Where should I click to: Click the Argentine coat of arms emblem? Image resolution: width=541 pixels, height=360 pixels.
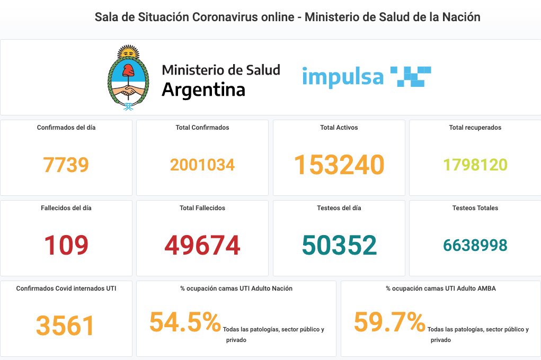pyautogui.click(x=128, y=78)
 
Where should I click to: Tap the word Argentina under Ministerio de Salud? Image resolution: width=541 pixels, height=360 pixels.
pyautogui.click(x=203, y=89)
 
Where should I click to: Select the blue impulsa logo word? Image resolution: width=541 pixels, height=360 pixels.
pyautogui.click(x=342, y=77)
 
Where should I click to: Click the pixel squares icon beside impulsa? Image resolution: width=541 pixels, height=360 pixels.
pyautogui.click(x=410, y=76)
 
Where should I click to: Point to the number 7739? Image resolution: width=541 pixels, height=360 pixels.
pyautogui.click(x=66, y=165)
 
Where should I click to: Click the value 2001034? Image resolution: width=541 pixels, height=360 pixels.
pyautogui.click(x=202, y=165)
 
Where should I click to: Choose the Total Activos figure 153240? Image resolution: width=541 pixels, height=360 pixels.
pyautogui.click(x=339, y=165)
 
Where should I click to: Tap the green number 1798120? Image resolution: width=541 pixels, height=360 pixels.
pyautogui.click(x=475, y=165)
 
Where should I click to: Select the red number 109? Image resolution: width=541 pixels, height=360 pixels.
pyautogui.click(x=66, y=246)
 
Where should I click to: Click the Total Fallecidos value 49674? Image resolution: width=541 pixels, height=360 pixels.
pyautogui.click(x=202, y=246)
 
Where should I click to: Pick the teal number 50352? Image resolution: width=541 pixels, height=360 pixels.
pyautogui.click(x=339, y=246)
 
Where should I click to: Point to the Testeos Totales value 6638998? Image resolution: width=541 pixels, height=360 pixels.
pyautogui.click(x=475, y=246)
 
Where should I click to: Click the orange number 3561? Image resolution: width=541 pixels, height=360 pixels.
pyautogui.click(x=66, y=326)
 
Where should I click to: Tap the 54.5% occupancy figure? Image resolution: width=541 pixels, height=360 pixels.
pyautogui.click(x=185, y=322)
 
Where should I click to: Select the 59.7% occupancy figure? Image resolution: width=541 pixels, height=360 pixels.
pyautogui.click(x=389, y=322)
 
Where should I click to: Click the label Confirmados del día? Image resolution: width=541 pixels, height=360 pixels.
pyautogui.click(x=66, y=128)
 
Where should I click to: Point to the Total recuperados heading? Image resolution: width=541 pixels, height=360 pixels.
pyautogui.click(x=475, y=128)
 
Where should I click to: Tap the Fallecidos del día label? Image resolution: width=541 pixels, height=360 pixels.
pyautogui.click(x=66, y=208)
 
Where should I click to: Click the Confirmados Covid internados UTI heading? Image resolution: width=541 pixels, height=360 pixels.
pyautogui.click(x=66, y=289)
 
